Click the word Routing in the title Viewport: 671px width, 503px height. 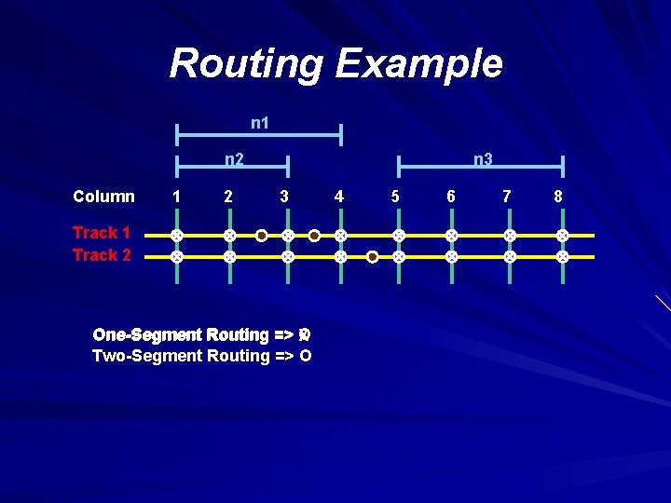[x=247, y=65]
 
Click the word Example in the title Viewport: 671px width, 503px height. [x=418, y=65]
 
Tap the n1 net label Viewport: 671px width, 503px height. [x=261, y=123]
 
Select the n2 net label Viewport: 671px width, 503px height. [x=234, y=159]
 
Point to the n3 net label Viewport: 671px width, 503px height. [x=482, y=159]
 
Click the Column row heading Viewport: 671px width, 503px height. [x=103, y=197]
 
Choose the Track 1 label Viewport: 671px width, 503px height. [x=102, y=233]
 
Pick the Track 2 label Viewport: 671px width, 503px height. [x=102, y=255]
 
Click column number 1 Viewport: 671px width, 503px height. [x=175, y=197]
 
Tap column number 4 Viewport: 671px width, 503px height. [x=339, y=197]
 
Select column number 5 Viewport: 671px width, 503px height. [x=396, y=197]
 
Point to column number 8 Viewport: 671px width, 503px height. [x=558, y=197]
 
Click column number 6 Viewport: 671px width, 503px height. [x=451, y=197]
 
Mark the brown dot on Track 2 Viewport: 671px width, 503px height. [x=372, y=256]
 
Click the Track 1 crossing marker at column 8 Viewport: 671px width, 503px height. [x=562, y=236]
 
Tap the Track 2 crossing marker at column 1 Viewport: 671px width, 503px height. [x=174, y=256]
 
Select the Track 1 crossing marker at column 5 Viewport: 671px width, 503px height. [x=398, y=236]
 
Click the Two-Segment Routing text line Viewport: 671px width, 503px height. [x=201, y=356]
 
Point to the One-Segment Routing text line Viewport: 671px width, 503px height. [x=201, y=334]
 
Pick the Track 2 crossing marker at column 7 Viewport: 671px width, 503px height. [x=509, y=256]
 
